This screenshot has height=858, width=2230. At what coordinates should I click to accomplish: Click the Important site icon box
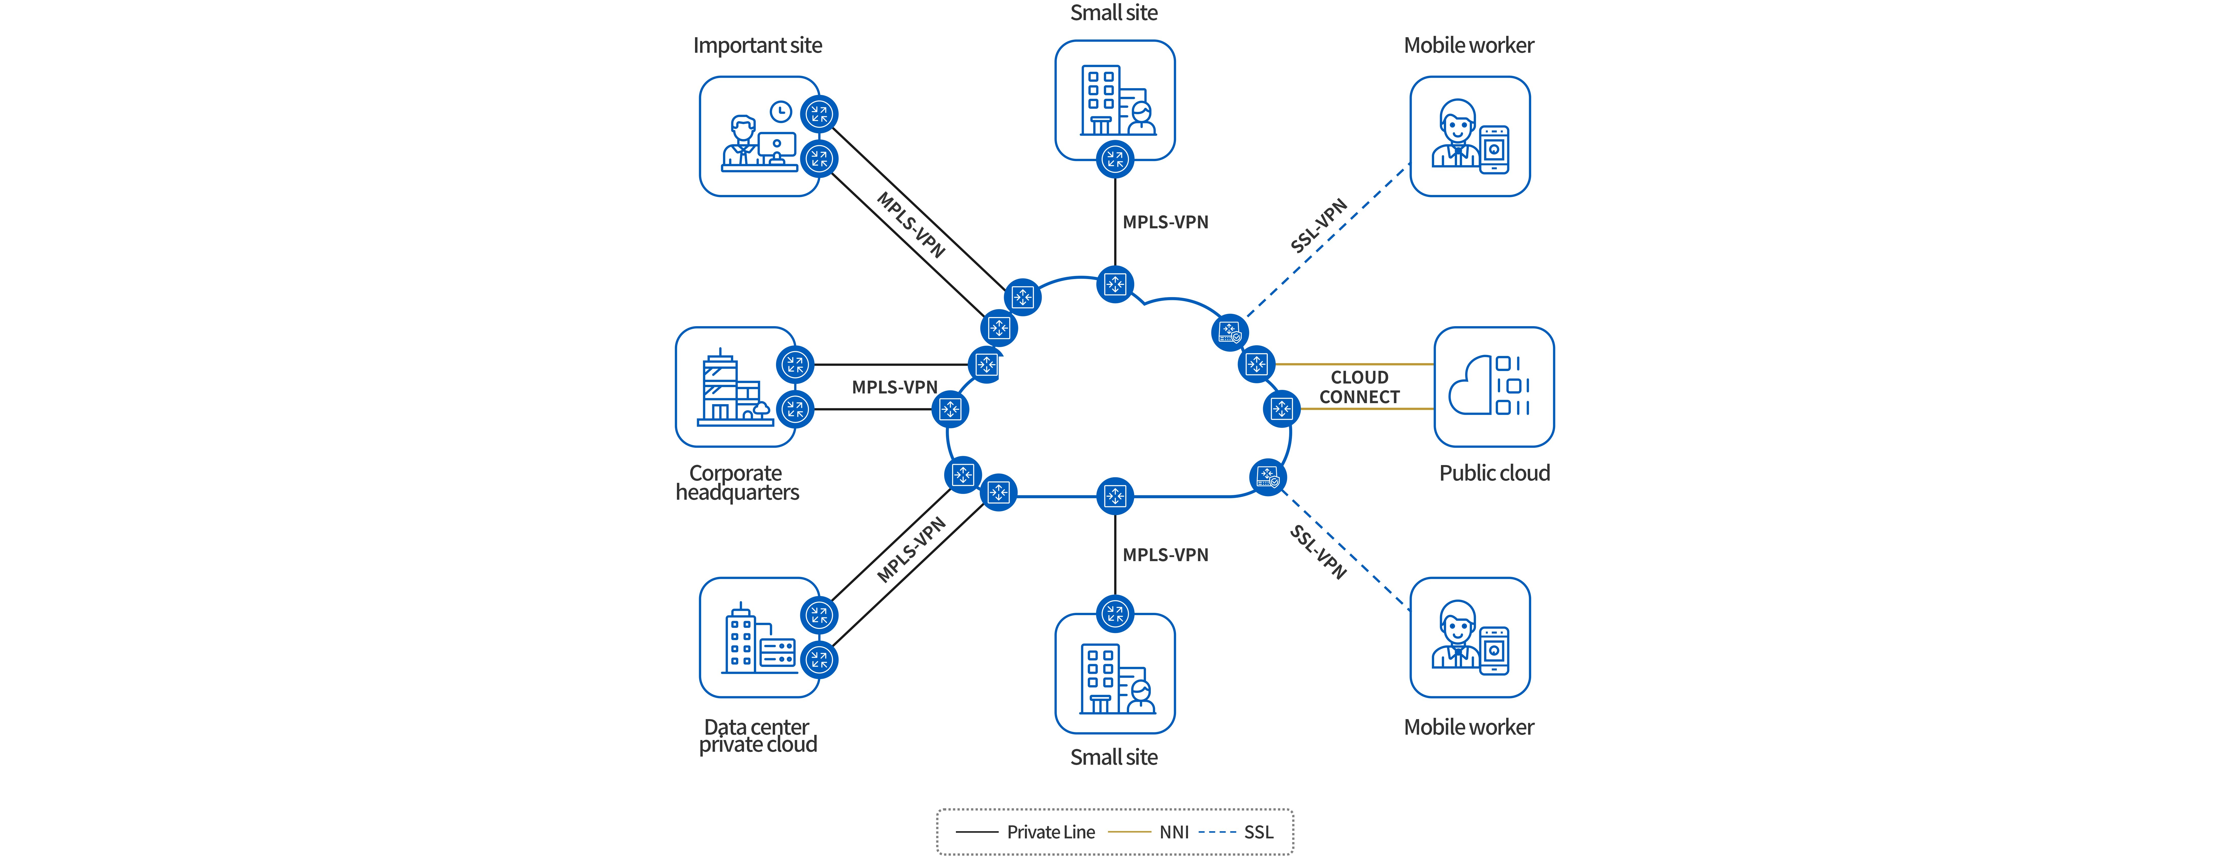(758, 137)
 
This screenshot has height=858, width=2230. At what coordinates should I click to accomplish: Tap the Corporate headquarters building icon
(734, 387)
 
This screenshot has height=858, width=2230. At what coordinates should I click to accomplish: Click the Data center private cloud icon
(758, 638)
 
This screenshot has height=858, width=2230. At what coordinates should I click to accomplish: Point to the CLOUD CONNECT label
(1359, 387)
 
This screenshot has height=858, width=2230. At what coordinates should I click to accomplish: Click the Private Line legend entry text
(1050, 832)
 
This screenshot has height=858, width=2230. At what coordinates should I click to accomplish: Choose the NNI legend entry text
(1174, 832)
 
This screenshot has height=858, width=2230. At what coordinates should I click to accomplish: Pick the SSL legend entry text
(1259, 832)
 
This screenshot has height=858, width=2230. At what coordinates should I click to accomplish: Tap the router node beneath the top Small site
(1115, 159)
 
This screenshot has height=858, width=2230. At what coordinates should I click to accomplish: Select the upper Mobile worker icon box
(1470, 137)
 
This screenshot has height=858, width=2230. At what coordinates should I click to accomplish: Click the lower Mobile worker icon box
(1470, 638)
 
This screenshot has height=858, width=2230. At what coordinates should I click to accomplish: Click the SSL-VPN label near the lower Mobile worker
(1318, 551)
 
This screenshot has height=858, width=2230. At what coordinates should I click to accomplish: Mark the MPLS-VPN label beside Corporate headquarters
(894, 387)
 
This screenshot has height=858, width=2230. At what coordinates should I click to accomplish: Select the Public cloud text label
(1494, 473)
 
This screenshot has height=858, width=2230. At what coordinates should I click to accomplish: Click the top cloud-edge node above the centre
(1115, 284)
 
